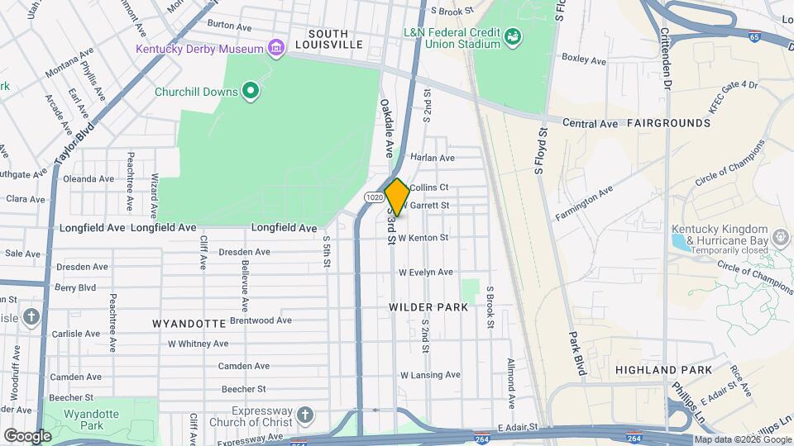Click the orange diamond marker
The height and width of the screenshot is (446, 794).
397,197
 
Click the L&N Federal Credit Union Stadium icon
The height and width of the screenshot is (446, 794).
514,36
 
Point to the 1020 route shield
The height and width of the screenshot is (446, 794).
373,197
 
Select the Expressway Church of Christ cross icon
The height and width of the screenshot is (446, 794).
304,414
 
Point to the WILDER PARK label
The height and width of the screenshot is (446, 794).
428,307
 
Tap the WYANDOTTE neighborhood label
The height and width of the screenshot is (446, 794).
189,323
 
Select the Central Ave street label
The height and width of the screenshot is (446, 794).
591,124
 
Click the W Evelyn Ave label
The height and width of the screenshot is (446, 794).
425,272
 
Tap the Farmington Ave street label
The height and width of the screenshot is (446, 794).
584,203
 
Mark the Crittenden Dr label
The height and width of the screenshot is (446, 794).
666,58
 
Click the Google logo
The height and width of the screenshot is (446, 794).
27,435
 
